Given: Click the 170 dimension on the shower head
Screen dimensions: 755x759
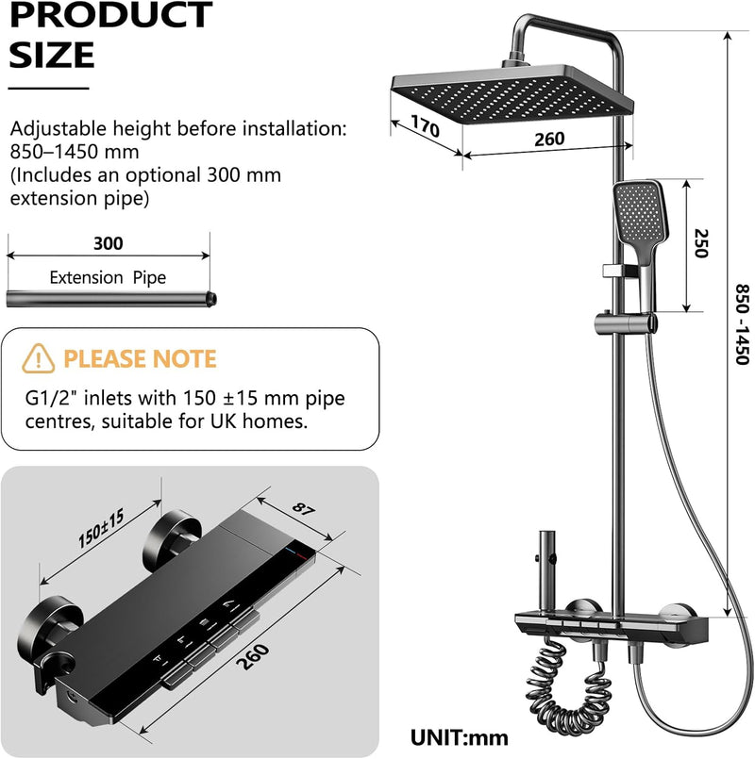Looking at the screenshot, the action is tap(425, 125).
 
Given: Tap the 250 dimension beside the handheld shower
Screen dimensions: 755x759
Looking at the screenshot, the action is tap(701, 243).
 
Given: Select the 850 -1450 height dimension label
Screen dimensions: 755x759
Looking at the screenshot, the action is tap(742, 324).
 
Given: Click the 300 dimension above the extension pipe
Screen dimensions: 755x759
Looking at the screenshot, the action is tap(109, 243).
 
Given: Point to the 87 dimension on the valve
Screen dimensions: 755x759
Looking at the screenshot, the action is tap(304, 509).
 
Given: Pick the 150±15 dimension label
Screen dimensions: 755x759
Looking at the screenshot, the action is tap(101, 528).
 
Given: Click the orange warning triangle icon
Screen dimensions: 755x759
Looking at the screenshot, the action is tap(39, 358).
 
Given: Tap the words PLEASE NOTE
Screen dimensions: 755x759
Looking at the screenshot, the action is tap(140, 358).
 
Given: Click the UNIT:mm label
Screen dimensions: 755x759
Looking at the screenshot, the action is tap(460, 738).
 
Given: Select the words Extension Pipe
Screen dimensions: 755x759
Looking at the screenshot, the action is tap(108, 277).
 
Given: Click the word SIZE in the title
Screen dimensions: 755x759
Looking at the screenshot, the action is tap(51, 55).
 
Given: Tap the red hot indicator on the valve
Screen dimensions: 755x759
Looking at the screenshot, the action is tap(301, 555).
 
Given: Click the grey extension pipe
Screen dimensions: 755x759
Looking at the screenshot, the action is tap(111, 299).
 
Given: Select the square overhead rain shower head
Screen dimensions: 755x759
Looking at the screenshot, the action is tap(512, 94).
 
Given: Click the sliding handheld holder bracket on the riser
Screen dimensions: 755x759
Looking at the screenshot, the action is tap(625, 322).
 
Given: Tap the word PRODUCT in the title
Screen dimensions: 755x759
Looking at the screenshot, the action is tap(111, 14).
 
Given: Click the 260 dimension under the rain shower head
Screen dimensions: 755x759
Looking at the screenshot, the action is tap(549, 140).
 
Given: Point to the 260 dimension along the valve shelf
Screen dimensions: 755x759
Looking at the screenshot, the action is tap(253, 657).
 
